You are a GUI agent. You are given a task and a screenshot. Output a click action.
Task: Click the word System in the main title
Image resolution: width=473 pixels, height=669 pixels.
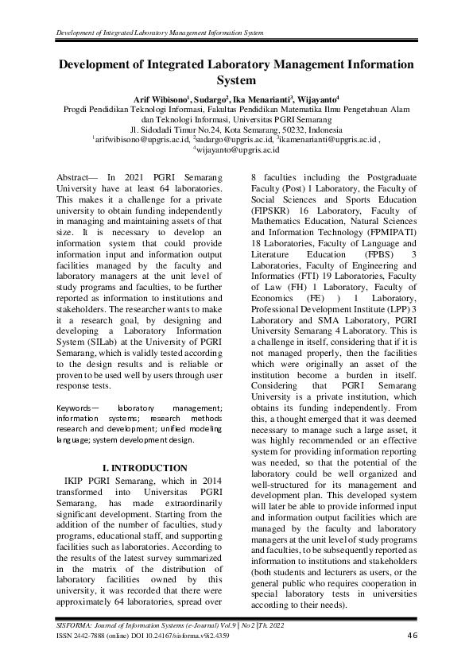click(236, 79)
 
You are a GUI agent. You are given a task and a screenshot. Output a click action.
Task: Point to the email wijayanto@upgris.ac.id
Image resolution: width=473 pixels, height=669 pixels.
click(238, 149)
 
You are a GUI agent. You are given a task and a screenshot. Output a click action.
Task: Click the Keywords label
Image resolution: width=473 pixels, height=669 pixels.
click(76, 408)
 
